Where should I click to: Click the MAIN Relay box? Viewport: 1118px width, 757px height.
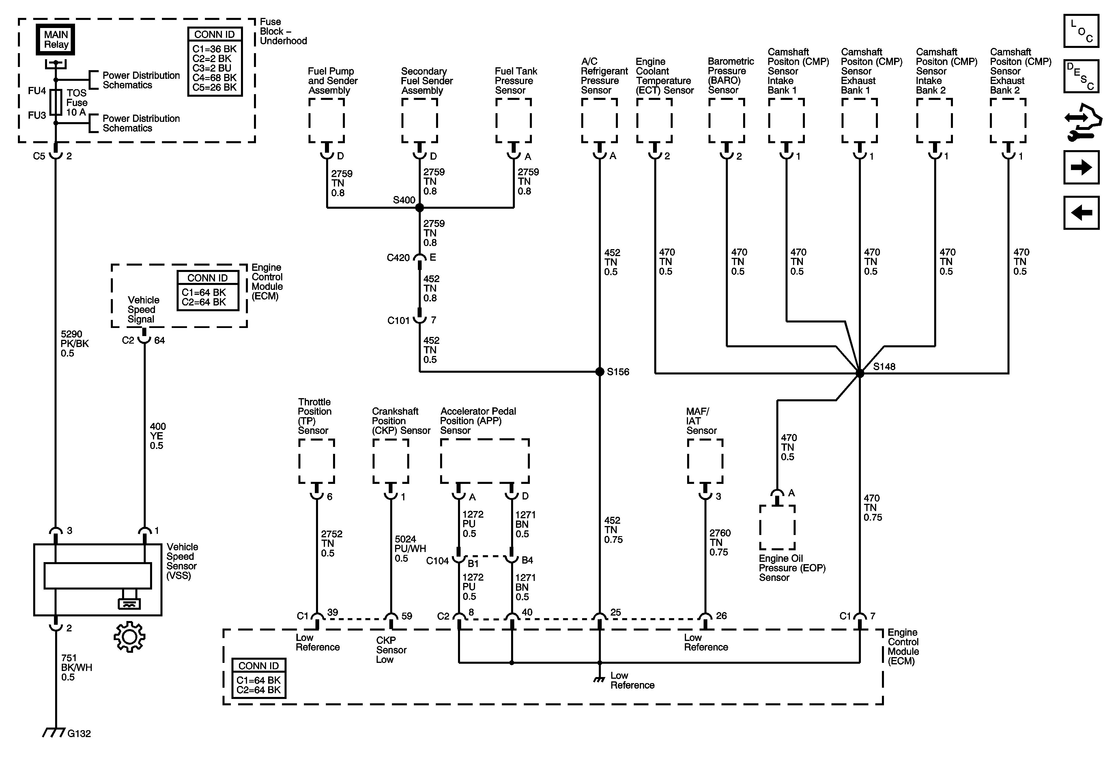point(56,40)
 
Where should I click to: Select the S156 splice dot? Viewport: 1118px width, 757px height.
point(599,372)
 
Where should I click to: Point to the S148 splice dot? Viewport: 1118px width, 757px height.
point(860,373)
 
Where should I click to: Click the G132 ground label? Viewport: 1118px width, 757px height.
point(79,733)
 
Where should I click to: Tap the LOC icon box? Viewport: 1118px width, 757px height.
point(1081,31)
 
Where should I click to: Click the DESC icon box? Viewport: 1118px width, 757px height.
point(1081,76)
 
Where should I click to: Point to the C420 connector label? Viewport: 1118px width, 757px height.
point(398,258)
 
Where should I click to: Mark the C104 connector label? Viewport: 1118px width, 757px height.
point(437,561)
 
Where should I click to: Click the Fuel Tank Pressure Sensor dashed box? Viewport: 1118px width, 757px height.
point(513,120)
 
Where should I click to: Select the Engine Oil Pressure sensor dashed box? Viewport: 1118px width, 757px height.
point(777,527)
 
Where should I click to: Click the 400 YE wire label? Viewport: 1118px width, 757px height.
point(157,436)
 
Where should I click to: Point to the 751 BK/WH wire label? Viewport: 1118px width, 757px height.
point(76,667)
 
